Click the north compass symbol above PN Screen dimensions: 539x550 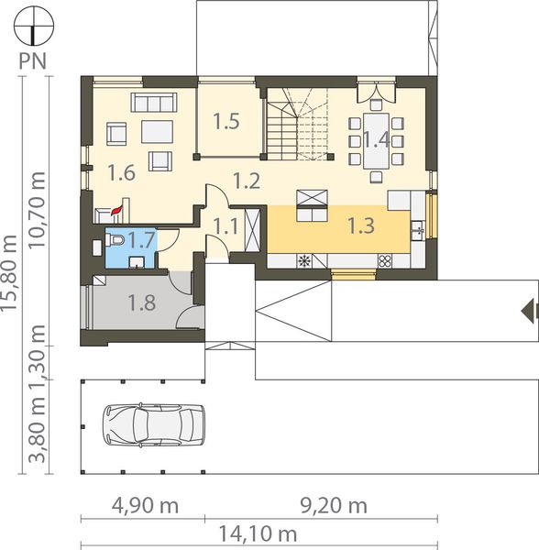click(34, 26)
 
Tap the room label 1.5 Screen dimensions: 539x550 click(226, 121)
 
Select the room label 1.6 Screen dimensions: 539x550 click(122, 172)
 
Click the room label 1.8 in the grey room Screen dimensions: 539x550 click(142, 302)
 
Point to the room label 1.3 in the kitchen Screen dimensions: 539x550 click(361, 225)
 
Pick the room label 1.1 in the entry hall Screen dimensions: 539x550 click(226, 226)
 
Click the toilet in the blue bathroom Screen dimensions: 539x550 click(115, 240)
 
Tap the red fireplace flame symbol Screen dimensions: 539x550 click(115, 211)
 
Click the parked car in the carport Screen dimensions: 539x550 click(153, 424)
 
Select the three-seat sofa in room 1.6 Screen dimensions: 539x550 click(154, 102)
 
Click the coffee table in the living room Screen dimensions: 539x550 click(157, 133)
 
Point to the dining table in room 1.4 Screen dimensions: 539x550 click(376, 140)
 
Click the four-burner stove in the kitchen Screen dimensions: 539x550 click(384, 260)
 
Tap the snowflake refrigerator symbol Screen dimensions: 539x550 click(304, 260)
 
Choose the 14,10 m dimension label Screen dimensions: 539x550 click(258, 534)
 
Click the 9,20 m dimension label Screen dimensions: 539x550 click(335, 506)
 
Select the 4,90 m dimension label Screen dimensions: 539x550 click(145, 506)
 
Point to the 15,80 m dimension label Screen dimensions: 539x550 click(9, 272)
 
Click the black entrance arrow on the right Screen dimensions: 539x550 click(530, 310)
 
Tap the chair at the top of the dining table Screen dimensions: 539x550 click(376, 104)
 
